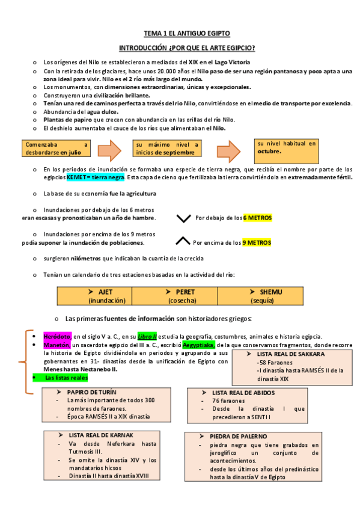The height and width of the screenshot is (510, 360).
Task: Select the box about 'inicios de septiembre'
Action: pos(168,149)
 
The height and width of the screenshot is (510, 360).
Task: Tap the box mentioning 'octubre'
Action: pos(287,148)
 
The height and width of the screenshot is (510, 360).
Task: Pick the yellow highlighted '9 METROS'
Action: pos(256,242)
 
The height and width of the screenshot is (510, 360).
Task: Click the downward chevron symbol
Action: pos(184,218)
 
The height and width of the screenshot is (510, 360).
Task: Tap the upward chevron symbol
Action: pos(183,242)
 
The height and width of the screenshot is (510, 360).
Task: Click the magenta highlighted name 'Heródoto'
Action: pos(58,336)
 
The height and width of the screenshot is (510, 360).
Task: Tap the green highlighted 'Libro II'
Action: pos(147,336)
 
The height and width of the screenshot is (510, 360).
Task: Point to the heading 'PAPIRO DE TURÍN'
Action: pos(93,392)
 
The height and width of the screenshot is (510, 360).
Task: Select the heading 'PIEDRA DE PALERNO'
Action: pos(239,436)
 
